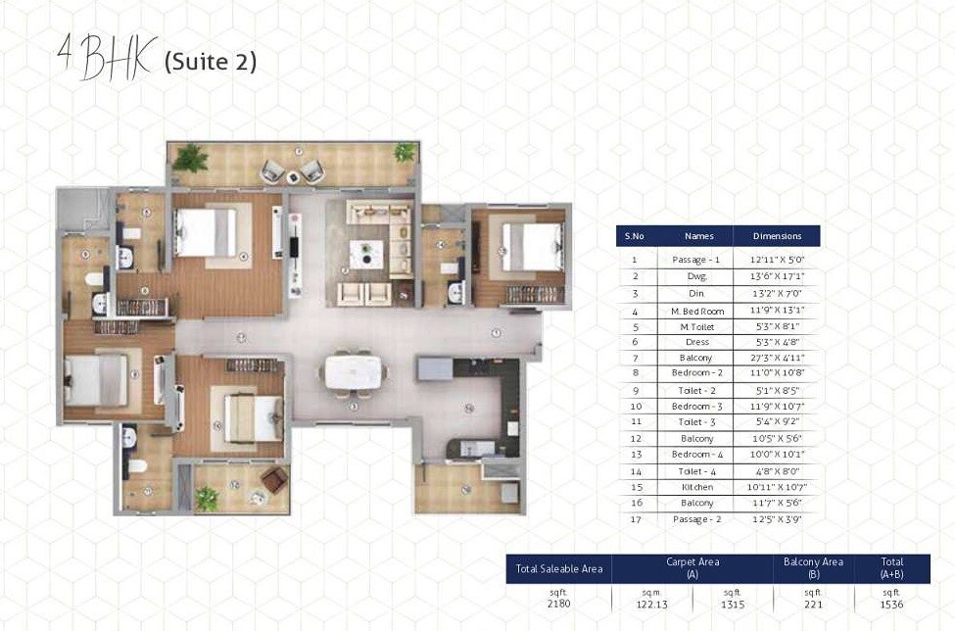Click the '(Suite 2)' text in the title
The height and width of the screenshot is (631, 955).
pos(211,62)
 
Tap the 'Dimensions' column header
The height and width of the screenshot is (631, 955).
pos(777,236)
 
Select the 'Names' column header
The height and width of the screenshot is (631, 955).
pos(699,236)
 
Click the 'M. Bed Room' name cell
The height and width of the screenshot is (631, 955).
pos(699,310)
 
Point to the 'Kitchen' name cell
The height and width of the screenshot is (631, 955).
pos(699,486)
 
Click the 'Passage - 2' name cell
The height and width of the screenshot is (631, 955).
pos(699,518)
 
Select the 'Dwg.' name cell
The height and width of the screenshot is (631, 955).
pos(699,277)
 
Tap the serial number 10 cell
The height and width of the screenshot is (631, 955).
pos(636,406)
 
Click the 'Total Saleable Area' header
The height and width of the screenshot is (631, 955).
pos(558,568)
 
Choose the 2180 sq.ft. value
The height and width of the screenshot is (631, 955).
pos(558,604)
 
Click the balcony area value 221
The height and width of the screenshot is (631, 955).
pos(813,604)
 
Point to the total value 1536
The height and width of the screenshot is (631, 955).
pos(891,604)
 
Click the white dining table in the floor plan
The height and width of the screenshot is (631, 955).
pos(353,371)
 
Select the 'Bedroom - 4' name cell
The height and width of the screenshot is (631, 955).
pos(699,454)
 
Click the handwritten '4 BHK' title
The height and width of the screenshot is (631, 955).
pos(106,58)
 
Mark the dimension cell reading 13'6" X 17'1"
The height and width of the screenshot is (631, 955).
pos(777,277)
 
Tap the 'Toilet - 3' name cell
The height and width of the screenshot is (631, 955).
pos(699,421)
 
